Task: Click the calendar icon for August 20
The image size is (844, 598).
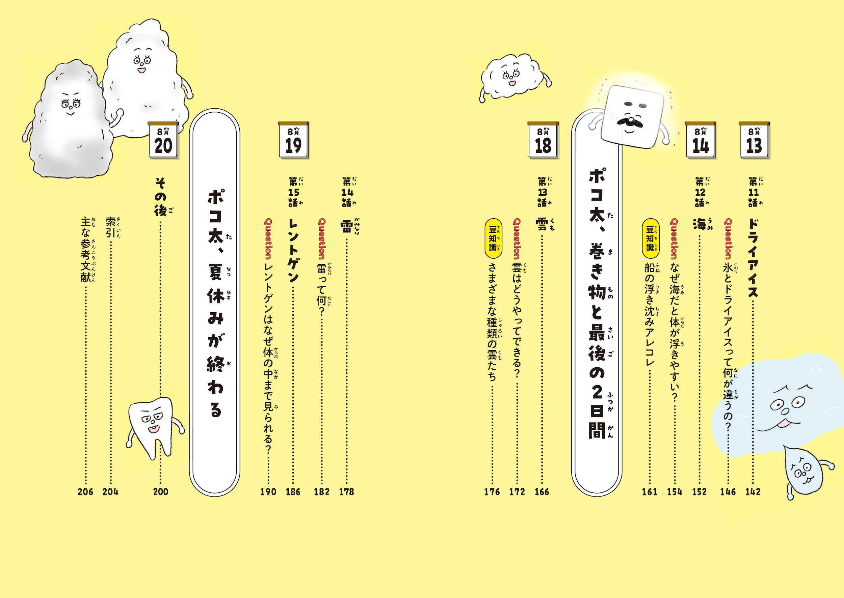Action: tap(163, 140)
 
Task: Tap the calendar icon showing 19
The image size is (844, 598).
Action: tap(294, 140)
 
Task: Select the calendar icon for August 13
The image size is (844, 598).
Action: tap(755, 140)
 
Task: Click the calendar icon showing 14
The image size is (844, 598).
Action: tap(701, 140)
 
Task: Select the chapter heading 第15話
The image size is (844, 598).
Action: tap(295, 192)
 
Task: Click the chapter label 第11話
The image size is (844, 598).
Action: tap(755, 192)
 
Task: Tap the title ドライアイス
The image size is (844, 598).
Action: tap(753, 258)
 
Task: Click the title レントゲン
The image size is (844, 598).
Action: tap(293, 250)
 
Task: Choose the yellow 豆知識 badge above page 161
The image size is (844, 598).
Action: tap(651, 238)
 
